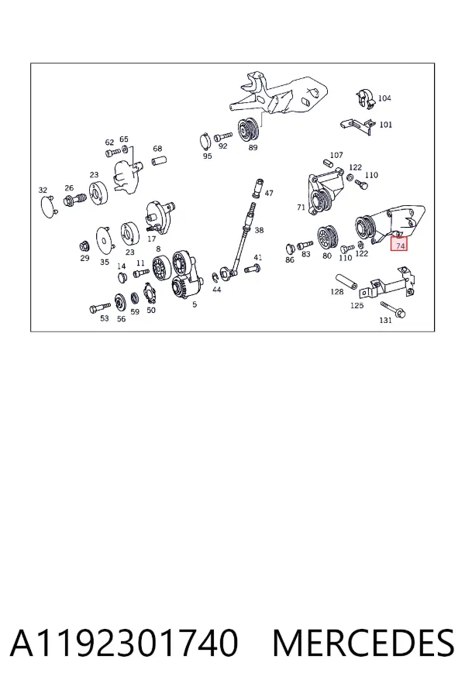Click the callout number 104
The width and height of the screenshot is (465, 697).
384,98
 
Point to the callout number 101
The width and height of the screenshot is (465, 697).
385,125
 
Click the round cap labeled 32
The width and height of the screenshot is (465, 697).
48,206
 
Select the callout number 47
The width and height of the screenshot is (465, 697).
269,194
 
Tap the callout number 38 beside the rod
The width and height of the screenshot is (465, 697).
259,230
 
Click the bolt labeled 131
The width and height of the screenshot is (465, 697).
393,309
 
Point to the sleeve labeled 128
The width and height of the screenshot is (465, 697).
347,280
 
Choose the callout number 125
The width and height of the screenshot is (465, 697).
356,305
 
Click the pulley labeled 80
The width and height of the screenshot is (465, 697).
328,239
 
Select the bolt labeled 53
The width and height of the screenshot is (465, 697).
100,307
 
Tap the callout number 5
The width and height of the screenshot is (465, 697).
195,304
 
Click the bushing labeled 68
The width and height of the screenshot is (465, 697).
160,160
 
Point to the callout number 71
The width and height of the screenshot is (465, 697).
301,207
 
